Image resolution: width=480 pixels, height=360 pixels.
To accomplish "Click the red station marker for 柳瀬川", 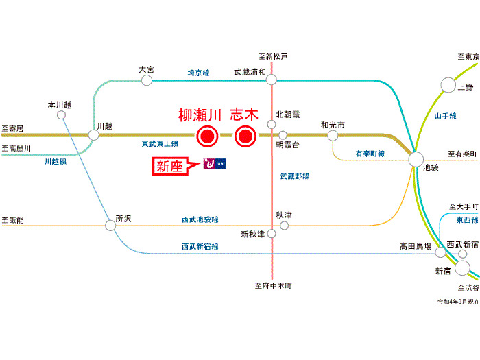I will (206, 136).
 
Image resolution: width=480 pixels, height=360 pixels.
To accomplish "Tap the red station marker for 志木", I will (245, 136).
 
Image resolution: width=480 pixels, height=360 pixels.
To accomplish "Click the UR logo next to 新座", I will (215, 164).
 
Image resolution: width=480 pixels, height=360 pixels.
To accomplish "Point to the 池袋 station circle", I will (416, 160).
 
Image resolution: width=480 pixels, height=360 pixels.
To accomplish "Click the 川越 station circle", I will (94, 134).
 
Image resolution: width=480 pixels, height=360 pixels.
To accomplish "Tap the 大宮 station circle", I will (146, 80).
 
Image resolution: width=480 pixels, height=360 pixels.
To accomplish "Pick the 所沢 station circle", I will (110, 224).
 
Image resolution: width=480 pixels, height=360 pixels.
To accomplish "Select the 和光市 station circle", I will (333, 135).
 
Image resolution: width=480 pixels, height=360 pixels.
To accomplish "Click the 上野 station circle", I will (448, 85).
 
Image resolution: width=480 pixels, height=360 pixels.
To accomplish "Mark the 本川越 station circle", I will (61, 115).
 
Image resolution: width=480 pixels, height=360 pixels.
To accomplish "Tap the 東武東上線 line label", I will (160, 144).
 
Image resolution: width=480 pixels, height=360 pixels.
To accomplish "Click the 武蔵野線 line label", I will (295, 176).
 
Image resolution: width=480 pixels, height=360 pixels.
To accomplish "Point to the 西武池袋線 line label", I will (200, 220).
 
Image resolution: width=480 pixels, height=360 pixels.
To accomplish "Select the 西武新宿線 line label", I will (200, 246).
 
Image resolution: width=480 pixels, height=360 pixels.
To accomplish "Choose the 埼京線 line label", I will (199, 72).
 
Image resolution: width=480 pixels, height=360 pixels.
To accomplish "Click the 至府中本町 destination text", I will (273, 286).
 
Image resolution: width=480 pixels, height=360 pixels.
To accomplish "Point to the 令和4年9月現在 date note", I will (458, 301).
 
